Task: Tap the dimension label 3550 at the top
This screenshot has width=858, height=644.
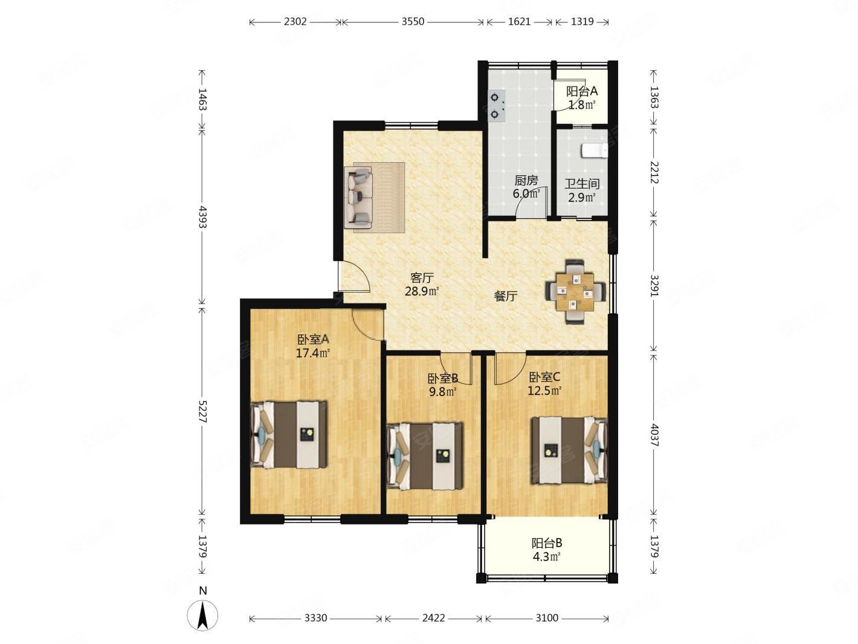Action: coord(413,22)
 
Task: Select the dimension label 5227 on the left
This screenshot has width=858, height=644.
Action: coord(202,411)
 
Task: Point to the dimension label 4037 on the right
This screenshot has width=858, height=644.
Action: coord(654,435)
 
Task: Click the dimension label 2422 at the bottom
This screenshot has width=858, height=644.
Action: coord(433,618)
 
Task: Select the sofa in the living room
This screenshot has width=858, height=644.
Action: coord(358,198)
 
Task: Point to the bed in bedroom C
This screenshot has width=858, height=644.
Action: coord(569,450)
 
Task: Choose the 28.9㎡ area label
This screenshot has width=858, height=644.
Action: coord(422,291)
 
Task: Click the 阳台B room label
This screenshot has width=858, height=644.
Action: coord(547,544)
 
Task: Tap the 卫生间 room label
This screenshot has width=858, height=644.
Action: coord(582,183)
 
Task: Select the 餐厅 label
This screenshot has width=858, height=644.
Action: coord(506,296)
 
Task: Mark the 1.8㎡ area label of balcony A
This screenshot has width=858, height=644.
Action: coord(582,105)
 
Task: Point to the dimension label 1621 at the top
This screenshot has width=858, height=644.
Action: coord(519,22)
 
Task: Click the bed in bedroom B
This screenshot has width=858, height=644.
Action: coord(425,456)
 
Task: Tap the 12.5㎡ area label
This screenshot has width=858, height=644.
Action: coord(545,390)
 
